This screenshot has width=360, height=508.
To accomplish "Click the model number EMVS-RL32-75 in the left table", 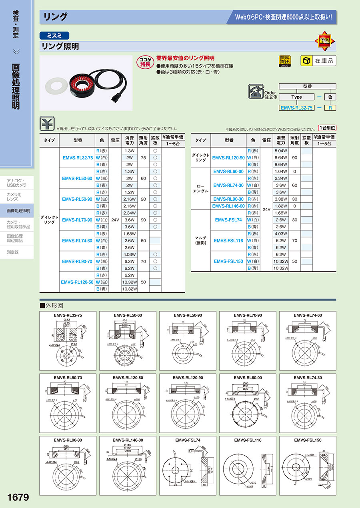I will (x=78, y=157).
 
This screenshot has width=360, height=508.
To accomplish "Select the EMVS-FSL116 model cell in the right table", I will (x=228, y=241).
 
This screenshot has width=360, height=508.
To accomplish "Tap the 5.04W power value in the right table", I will (x=281, y=151).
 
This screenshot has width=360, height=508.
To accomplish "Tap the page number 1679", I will (x=18, y=497).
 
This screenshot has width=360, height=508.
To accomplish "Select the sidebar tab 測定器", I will (x=13, y=252).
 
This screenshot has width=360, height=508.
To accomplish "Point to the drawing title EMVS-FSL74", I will (x=188, y=440).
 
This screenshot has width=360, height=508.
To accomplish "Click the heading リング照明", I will (x=60, y=46).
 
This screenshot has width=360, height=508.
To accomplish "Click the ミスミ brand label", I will (x=54, y=35).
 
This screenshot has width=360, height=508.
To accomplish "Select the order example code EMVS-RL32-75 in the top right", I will (x=296, y=108).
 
